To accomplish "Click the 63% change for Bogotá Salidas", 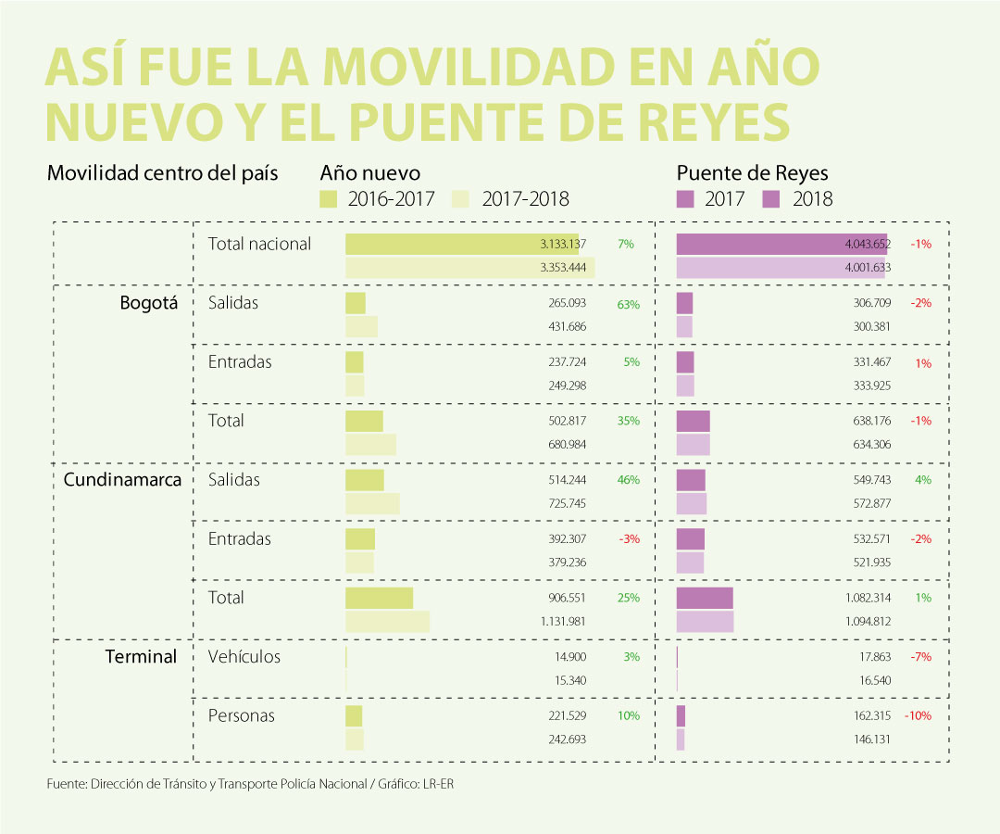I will [628, 304].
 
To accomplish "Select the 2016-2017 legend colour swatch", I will [329, 198].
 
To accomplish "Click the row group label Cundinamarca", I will [121, 480].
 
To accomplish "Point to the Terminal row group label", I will [141, 657].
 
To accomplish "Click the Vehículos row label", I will [244, 657].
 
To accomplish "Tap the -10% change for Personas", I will [918, 715].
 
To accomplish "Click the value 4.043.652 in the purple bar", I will [868, 245].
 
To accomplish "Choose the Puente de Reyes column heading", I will [752, 173].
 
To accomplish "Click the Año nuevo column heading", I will [369, 173].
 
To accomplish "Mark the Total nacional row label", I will [260, 245].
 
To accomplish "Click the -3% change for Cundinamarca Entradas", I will [629, 539].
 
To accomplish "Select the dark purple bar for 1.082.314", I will [705, 598].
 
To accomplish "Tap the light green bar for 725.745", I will [372, 503].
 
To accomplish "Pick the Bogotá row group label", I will [148, 303].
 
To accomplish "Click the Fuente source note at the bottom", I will [251, 784].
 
